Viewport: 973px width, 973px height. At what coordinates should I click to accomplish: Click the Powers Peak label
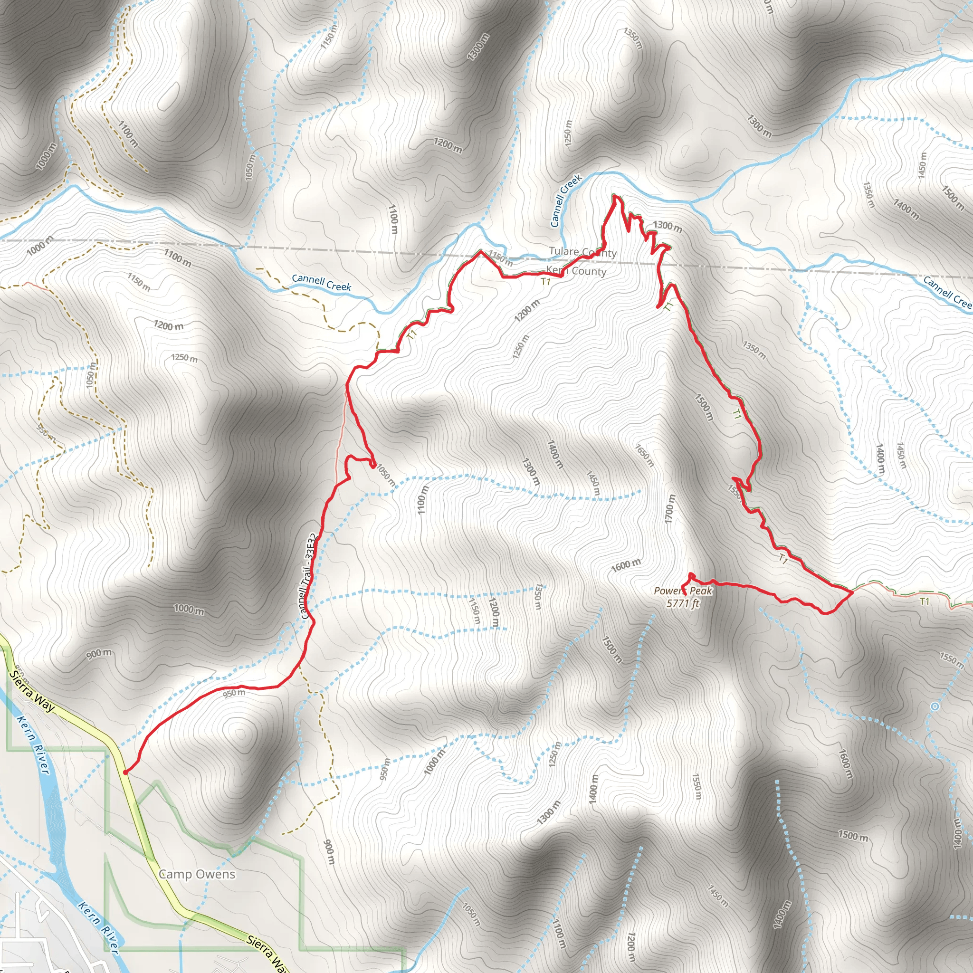(683, 591)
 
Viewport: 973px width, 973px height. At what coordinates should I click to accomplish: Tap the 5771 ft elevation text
(683, 603)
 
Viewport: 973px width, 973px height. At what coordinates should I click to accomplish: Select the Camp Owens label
(197, 874)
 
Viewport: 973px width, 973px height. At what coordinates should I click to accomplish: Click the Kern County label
(576, 271)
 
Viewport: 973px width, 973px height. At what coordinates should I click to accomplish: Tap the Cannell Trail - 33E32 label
(308, 576)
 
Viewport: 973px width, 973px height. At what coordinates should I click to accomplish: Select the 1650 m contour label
(644, 455)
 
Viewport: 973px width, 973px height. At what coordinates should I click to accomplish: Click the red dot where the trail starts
(125, 772)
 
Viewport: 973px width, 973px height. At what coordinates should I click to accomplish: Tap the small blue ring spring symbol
(935, 706)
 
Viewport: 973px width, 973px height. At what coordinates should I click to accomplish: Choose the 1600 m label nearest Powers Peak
(626, 565)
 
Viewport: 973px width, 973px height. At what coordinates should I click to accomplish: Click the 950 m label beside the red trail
(234, 694)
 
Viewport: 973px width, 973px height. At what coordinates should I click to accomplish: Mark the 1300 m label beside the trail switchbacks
(668, 226)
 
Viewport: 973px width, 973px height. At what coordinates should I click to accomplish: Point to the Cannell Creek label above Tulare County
(565, 200)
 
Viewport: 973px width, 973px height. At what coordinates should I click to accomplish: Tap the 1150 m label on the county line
(501, 258)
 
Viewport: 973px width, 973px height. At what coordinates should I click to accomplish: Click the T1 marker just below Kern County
(545, 282)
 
